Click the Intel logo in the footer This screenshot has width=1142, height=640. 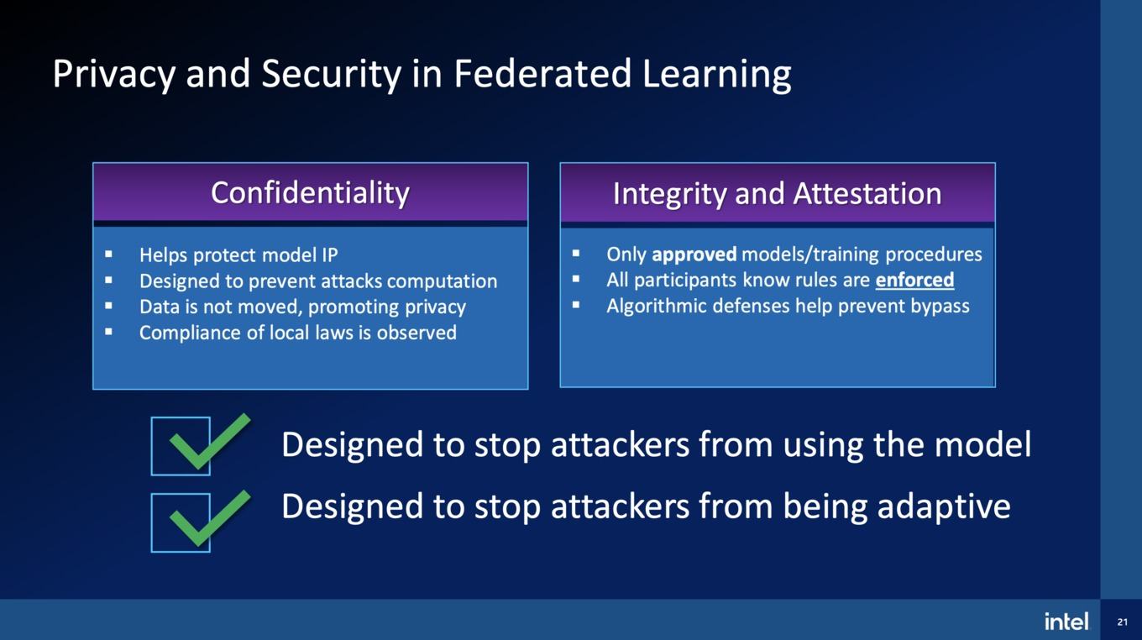point(1066,622)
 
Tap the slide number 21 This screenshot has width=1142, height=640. point(1122,622)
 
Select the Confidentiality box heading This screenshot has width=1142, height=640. point(311,193)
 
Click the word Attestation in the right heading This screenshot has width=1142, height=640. point(867,194)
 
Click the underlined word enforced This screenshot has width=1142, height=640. point(914,280)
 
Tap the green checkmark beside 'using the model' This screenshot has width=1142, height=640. point(210,442)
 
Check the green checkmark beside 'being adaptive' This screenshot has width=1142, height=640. point(210,518)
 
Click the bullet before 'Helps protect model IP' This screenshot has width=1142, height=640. point(108,254)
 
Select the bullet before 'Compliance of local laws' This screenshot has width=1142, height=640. point(108,332)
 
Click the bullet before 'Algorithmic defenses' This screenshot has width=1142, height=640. point(576,305)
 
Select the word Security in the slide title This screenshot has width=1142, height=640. point(332,75)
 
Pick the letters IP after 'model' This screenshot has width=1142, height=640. point(329,255)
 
